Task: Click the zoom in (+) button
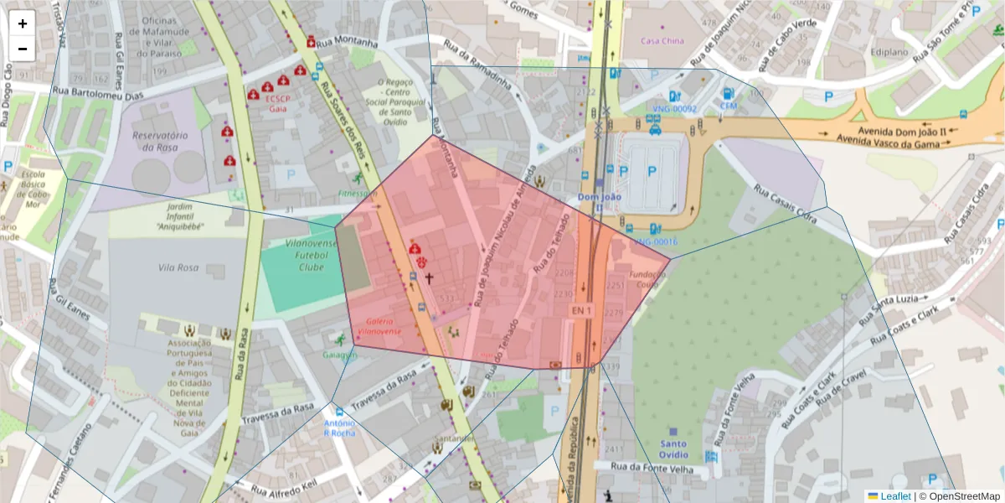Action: coord(23,23)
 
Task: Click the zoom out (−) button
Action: coord(23,49)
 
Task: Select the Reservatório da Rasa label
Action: coord(160,141)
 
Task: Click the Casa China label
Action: coord(662,41)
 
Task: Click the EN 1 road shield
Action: coord(581,311)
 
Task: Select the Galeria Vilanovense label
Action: coord(379,326)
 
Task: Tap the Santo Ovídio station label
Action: coord(673,449)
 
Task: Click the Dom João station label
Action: coord(600,198)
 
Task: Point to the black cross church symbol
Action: coord(430,277)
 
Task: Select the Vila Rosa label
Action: coord(177,267)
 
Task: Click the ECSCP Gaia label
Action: coord(277,102)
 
